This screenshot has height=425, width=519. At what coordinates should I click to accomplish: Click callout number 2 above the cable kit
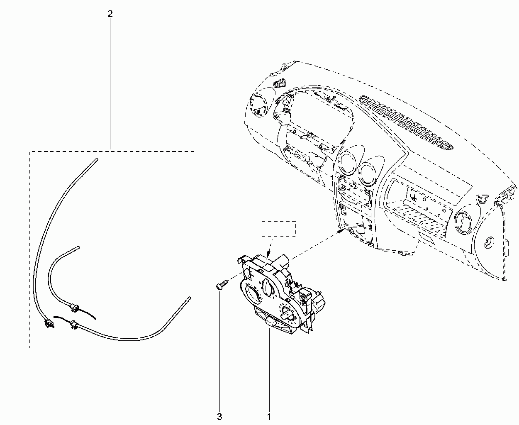coord(110,14)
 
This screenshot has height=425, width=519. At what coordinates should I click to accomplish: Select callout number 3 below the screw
coord(219,417)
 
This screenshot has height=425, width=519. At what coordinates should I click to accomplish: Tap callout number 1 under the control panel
coord(269,417)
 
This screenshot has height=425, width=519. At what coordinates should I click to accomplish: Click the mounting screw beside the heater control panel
coord(222,284)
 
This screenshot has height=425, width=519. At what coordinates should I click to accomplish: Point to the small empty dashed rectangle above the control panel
coord(278,229)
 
